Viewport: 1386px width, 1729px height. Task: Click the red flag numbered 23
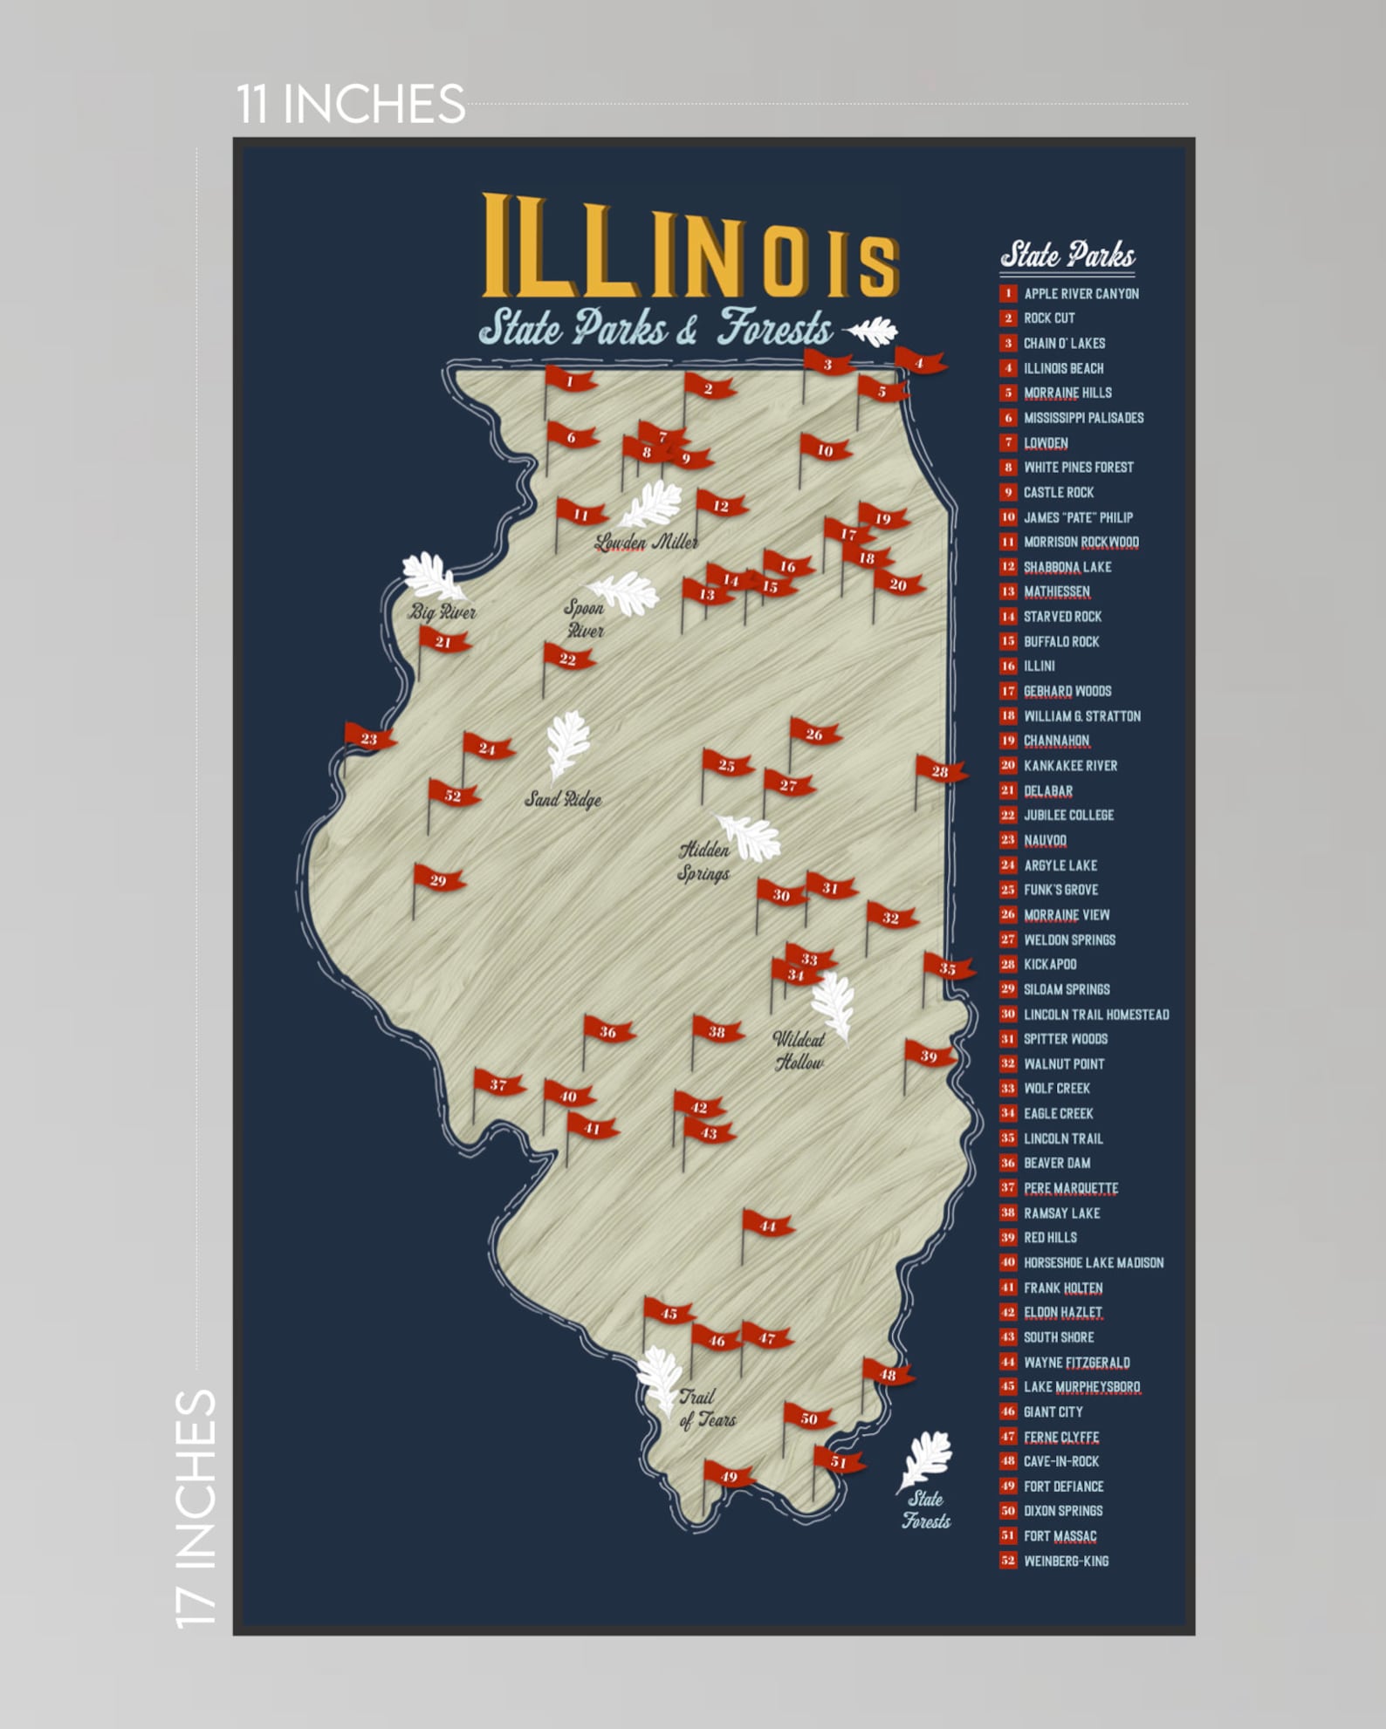pos(369,738)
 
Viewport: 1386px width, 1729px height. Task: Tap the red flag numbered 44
pos(767,1226)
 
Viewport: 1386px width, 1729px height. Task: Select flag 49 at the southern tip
pos(728,1476)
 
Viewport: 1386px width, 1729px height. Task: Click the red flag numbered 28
pos(939,771)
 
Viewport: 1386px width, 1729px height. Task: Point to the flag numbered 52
pos(452,795)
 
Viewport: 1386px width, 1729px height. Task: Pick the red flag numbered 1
pos(569,381)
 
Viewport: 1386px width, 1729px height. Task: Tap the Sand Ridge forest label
pos(563,798)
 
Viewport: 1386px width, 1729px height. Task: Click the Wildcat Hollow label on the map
pos(799,1050)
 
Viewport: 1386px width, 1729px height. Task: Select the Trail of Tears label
pos(707,1408)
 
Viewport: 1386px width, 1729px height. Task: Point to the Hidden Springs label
pos(703,860)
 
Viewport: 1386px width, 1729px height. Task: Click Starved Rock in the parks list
pos(1062,616)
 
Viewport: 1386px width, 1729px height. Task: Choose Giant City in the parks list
pos(1053,1411)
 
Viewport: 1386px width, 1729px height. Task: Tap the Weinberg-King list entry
pos(1066,1561)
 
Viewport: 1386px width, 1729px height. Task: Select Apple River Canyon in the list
pos(1081,293)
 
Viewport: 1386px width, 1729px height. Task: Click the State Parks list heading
pos(1067,255)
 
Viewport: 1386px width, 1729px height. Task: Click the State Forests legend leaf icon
pos(927,1459)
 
